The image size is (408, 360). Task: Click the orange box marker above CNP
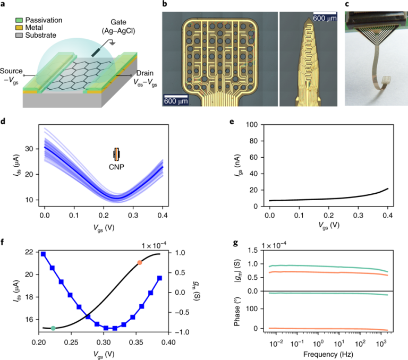(x=117, y=154)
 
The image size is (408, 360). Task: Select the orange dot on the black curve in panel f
(x=140, y=262)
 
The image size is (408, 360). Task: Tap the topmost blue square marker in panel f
(x=44, y=254)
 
